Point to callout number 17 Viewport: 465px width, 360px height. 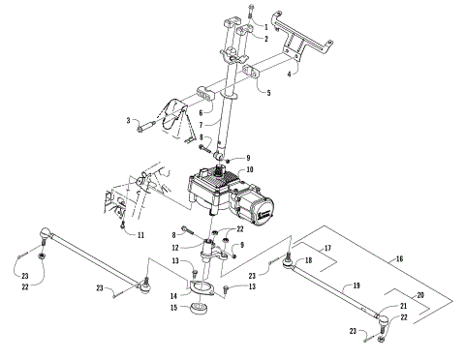pyautogui.click(x=327, y=249)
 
